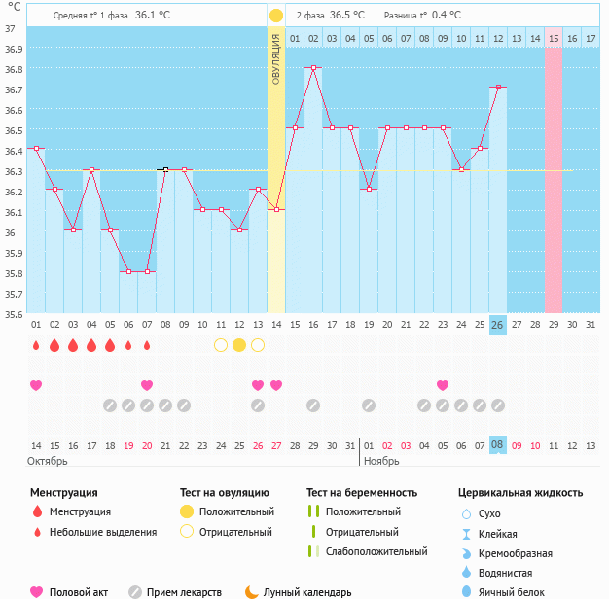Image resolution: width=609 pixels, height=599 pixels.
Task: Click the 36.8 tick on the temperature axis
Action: pyautogui.click(x=14, y=69)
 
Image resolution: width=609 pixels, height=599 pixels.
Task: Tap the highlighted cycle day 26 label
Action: pyautogui.click(x=498, y=324)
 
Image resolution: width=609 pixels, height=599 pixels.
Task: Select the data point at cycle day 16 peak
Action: pyautogui.click(x=313, y=68)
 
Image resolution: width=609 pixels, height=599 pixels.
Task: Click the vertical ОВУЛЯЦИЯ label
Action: pyautogui.click(x=276, y=59)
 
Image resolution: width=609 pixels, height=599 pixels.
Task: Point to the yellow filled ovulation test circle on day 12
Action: pyautogui.click(x=239, y=345)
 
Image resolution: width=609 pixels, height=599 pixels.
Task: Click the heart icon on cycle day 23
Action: pyautogui.click(x=443, y=385)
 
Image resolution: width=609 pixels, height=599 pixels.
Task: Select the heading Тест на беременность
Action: pyautogui.click(x=362, y=493)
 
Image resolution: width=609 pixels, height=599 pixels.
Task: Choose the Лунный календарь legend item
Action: pyautogui.click(x=305, y=591)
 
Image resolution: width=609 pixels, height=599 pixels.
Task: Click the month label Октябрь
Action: pyautogui.click(x=47, y=460)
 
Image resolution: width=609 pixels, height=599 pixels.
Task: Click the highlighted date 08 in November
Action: pyautogui.click(x=498, y=444)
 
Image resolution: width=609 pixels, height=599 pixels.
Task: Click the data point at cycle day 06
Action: pyautogui.click(x=128, y=272)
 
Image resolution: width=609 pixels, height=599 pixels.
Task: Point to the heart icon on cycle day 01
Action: pyautogui.click(x=36, y=385)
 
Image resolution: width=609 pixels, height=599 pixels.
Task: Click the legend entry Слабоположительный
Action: pyautogui.click(x=376, y=551)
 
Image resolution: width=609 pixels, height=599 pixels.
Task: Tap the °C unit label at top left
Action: pyautogui.click(x=13, y=8)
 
